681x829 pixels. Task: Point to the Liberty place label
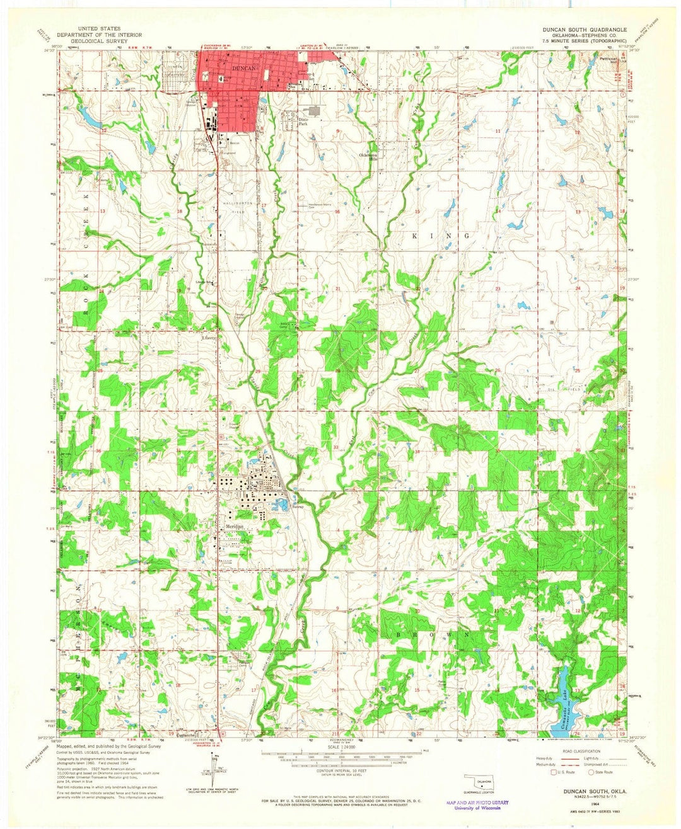[209, 338]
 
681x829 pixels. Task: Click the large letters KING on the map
[441, 236]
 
